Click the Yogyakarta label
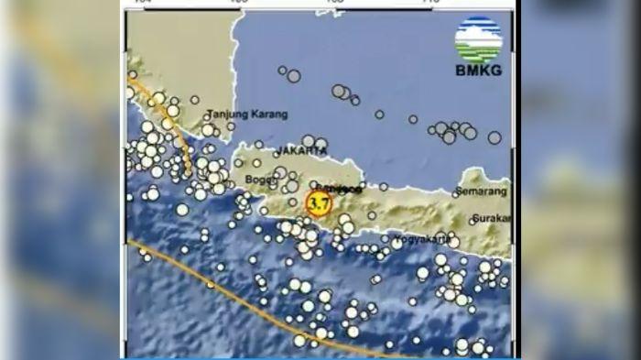[422, 240]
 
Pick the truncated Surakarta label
[492, 220]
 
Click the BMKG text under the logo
[478, 71]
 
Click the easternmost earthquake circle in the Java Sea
[494, 137]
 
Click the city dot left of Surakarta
[470, 220]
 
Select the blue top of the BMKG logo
[478, 27]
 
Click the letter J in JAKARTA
[278, 149]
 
